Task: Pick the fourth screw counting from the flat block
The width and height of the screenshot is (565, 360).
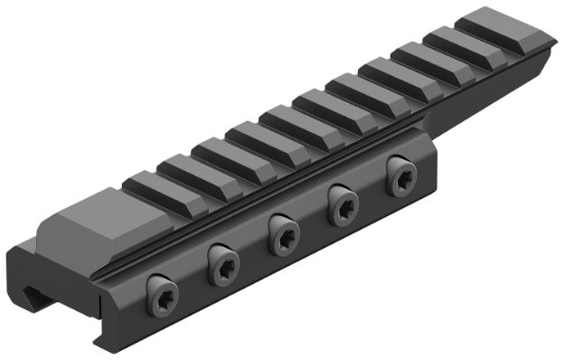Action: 342,205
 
